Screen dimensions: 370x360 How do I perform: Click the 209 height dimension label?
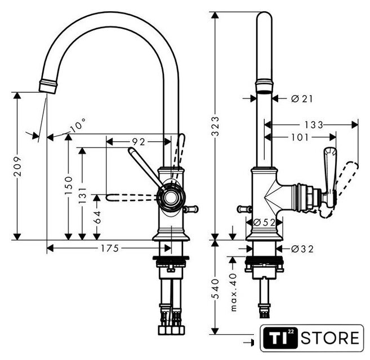pyautogui.click(x=17, y=166)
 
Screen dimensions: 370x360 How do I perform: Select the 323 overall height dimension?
pyautogui.click(x=215, y=127)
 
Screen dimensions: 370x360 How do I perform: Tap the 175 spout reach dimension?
pyautogui.click(x=110, y=248)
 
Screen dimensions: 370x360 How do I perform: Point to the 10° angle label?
pyautogui.click(x=78, y=125)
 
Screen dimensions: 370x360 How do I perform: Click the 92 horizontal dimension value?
pyautogui.click(x=139, y=142)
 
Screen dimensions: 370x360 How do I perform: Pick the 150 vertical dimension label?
pyautogui.click(x=69, y=185)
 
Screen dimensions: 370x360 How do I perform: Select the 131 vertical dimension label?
pyautogui.click(x=82, y=195)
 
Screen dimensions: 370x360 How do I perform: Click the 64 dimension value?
pyautogui.click(x=97, y=217)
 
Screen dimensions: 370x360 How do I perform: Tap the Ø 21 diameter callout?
pyautogui.click(x=302, y=98)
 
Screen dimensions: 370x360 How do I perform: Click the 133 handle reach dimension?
pyautogui.click(x=313, y=125)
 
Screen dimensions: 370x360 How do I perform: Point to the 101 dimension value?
pyautogui.click(x=300, y=137)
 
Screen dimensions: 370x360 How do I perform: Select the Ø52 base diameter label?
pyautogui.click(x=264, y=222)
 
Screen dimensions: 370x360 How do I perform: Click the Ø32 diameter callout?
pyautogui.click(x=302, y=249)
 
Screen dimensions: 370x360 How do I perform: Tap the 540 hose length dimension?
pyautogui.click(x=215, y=289)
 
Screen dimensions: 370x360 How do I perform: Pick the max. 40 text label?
pyautogui.click(x=233, y=292)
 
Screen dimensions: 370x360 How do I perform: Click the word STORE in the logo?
pyautogui.click(x=330, y=337)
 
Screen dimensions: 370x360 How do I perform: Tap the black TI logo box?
pyautogui.click(x=280, y=337)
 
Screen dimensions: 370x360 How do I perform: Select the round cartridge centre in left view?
pyautogui.click(x=171, y=197)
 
